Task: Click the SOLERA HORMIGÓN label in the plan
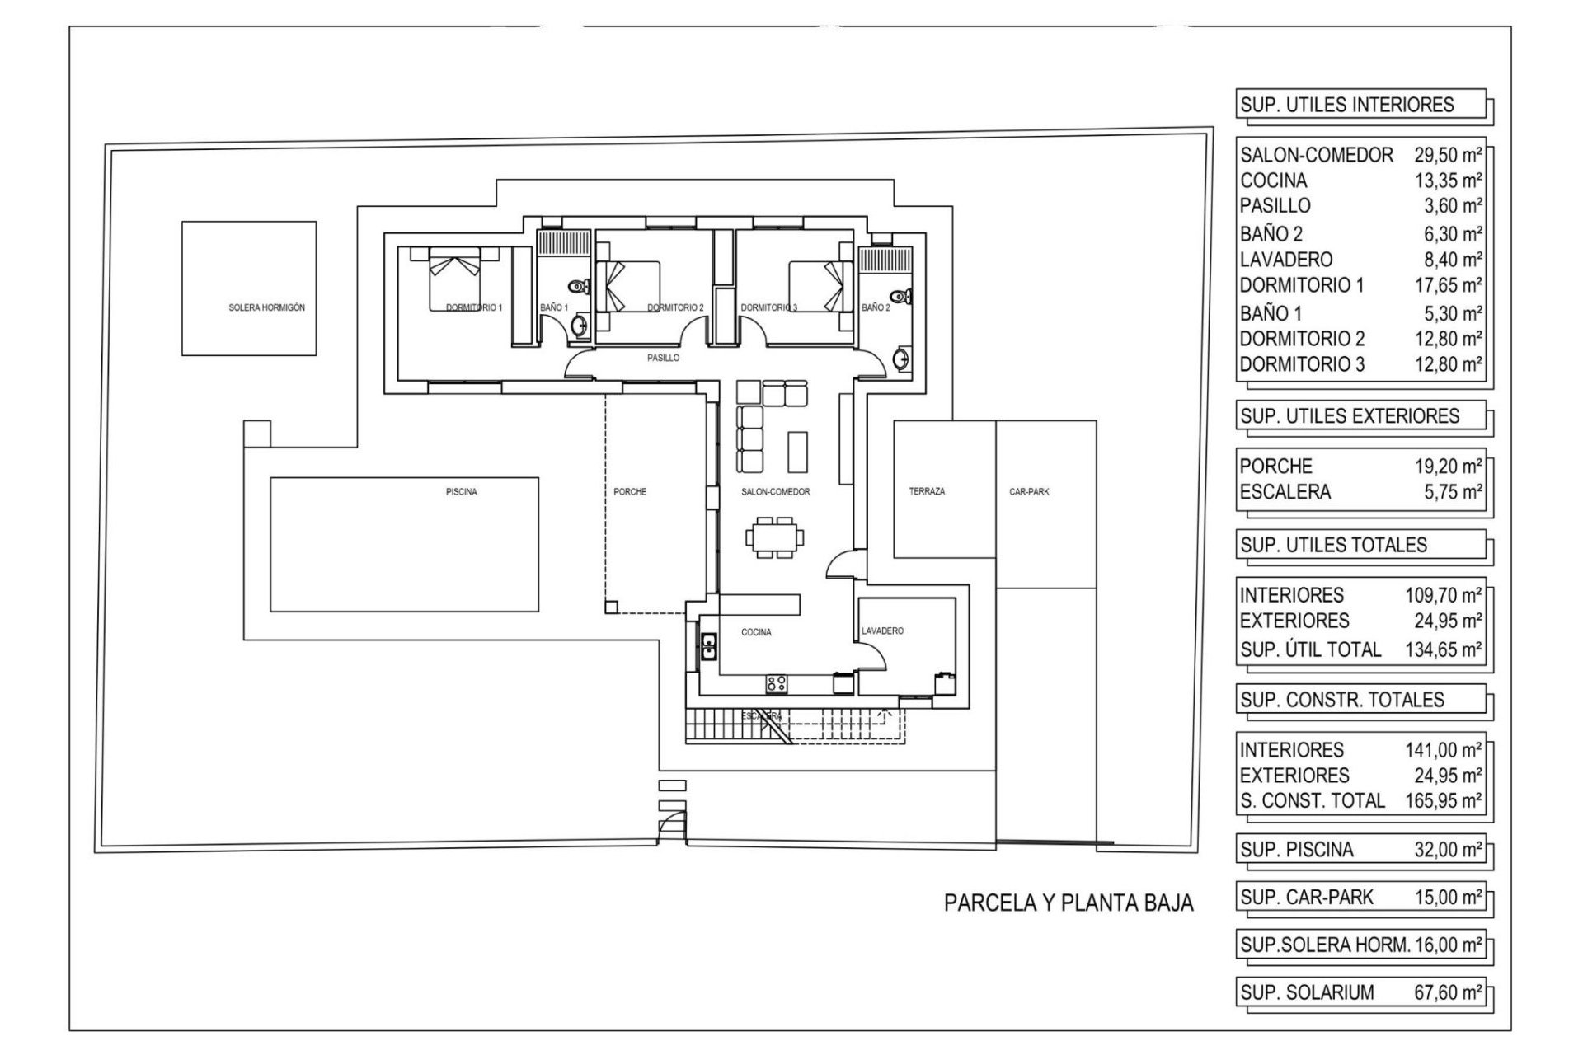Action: (266, 307)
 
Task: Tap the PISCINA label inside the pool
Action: (461, 492)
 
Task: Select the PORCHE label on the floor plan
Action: (630, 492)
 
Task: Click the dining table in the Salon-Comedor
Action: (774, 537)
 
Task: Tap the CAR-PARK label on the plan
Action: (1029, 492)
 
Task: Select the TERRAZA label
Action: (927, 491)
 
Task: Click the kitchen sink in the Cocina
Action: (708, 646)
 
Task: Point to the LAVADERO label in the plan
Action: (882, 631)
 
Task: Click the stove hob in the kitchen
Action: (776, 682)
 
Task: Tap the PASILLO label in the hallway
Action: (663, 359)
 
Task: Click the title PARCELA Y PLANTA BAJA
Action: (1069, 903)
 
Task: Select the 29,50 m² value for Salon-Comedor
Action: (1448, 155)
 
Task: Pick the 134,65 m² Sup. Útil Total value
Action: (1443, 649)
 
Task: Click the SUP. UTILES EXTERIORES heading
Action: (1350, 416)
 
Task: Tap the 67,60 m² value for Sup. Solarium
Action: (1448, 992)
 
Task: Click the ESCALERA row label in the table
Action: (1285, 492)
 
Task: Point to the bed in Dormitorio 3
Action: (821, 285)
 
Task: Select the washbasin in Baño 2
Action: (902, 359)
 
